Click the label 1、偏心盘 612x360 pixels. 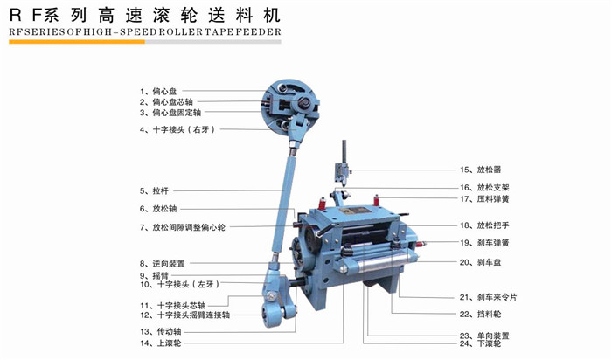[158, 91]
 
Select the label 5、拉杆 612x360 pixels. [154, 191]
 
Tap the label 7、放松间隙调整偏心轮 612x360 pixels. [182, 227]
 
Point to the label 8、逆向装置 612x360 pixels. [162, 264]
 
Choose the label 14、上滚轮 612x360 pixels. [160, 343]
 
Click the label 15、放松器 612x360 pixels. [481, 170]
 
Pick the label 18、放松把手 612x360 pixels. [484, 225]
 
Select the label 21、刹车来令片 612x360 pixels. [488, 297]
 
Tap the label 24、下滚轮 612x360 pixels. [480, 343]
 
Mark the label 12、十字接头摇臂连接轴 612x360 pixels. [184, 315]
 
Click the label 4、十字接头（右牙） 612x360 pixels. [177, 129]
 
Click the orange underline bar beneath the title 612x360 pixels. [77, 42]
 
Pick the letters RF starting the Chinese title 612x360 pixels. [25, 16]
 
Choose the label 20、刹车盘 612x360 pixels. [480, 262]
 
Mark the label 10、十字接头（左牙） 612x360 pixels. [180, 284]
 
